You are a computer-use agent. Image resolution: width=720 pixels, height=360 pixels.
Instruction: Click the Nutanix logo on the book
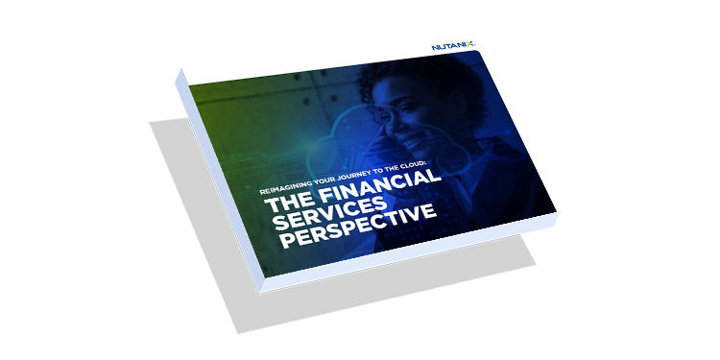(x=454, y=46)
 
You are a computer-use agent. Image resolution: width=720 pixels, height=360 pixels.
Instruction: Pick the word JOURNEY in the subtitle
(x=337, y=177)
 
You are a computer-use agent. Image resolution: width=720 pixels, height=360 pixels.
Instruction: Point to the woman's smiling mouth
(x=412, y=137)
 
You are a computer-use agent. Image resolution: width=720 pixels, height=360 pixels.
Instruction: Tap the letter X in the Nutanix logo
(x=471, y=45)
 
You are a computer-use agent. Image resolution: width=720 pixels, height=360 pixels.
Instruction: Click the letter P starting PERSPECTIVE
(x=287, y=240)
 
